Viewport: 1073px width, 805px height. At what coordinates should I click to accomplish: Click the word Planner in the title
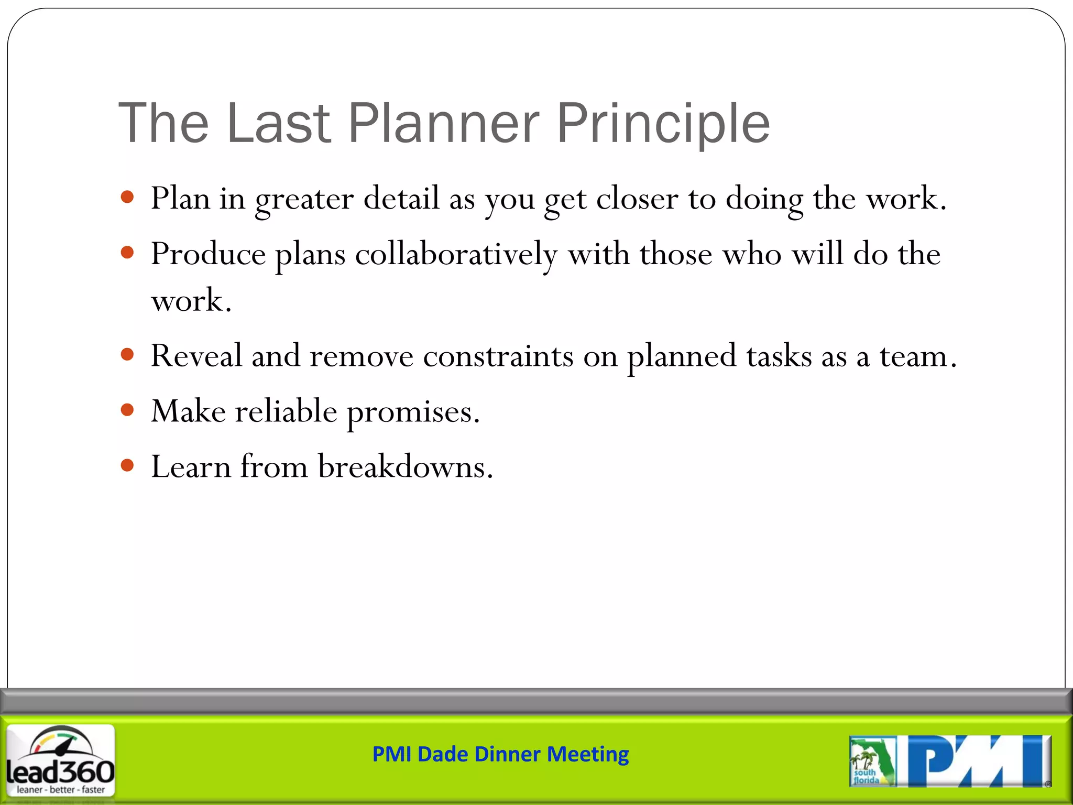pos(443,124)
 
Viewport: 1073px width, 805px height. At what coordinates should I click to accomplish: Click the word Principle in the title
pos(663,124)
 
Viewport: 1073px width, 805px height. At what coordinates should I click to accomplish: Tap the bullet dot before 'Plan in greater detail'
pos(127,198)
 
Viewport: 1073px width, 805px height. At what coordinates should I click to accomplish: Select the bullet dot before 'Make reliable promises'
pos(127,410)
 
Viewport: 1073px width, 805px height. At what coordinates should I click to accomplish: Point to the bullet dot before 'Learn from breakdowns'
pos(127,465)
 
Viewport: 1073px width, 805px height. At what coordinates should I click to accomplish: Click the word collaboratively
pos(456,255)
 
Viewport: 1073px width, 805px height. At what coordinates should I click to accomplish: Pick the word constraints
pos(498,356)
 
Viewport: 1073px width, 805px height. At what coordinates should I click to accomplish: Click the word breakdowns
pos(405,466)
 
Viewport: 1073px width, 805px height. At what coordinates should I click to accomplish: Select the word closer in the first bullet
pos(637,199)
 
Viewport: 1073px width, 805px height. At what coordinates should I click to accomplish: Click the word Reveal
pos(196,356)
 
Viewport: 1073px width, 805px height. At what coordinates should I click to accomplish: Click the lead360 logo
pos(61,757)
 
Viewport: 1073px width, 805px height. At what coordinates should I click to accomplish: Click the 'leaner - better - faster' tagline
pos(61,789)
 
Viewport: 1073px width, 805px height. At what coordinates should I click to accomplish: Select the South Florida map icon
pos(872,761)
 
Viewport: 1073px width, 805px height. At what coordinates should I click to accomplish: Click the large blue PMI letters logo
pos(978,761)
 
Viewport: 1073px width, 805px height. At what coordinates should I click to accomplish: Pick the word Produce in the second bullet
pos(208,255)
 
